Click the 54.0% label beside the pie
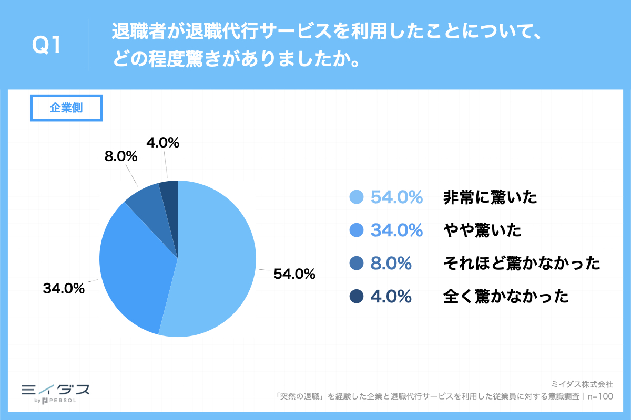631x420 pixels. (x=294, y=274)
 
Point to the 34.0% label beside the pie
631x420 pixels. (x=64, y=288)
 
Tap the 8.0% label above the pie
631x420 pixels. (x=122, y=156)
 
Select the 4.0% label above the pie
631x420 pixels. (x=164, y=142)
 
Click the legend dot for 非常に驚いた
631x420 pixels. (x=357, y=197)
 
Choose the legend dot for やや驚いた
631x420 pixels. (x=357, y=230)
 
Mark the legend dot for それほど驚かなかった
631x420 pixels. (x=357, y=264)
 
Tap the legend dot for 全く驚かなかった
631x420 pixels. (x=357, y=297)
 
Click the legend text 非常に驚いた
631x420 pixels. (x=490, y=197)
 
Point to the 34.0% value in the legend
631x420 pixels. (x=397, y=230)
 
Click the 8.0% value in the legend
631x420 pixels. (x=391, y=264)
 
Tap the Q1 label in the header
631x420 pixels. (x=47, y=46)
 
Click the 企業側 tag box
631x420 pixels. (x=66, y=108)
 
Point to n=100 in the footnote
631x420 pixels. (x=600, y=396)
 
